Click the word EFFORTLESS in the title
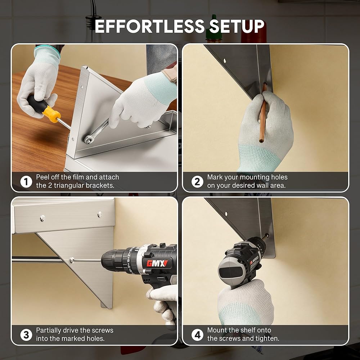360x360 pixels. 149,26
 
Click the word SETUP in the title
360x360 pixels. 237,26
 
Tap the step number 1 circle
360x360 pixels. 26,182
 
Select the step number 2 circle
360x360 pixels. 197,182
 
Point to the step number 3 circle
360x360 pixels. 26,335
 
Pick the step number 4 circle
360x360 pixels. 197,335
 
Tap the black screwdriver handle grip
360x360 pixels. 37,104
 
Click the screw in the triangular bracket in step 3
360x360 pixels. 72,260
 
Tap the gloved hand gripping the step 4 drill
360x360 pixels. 245,302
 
